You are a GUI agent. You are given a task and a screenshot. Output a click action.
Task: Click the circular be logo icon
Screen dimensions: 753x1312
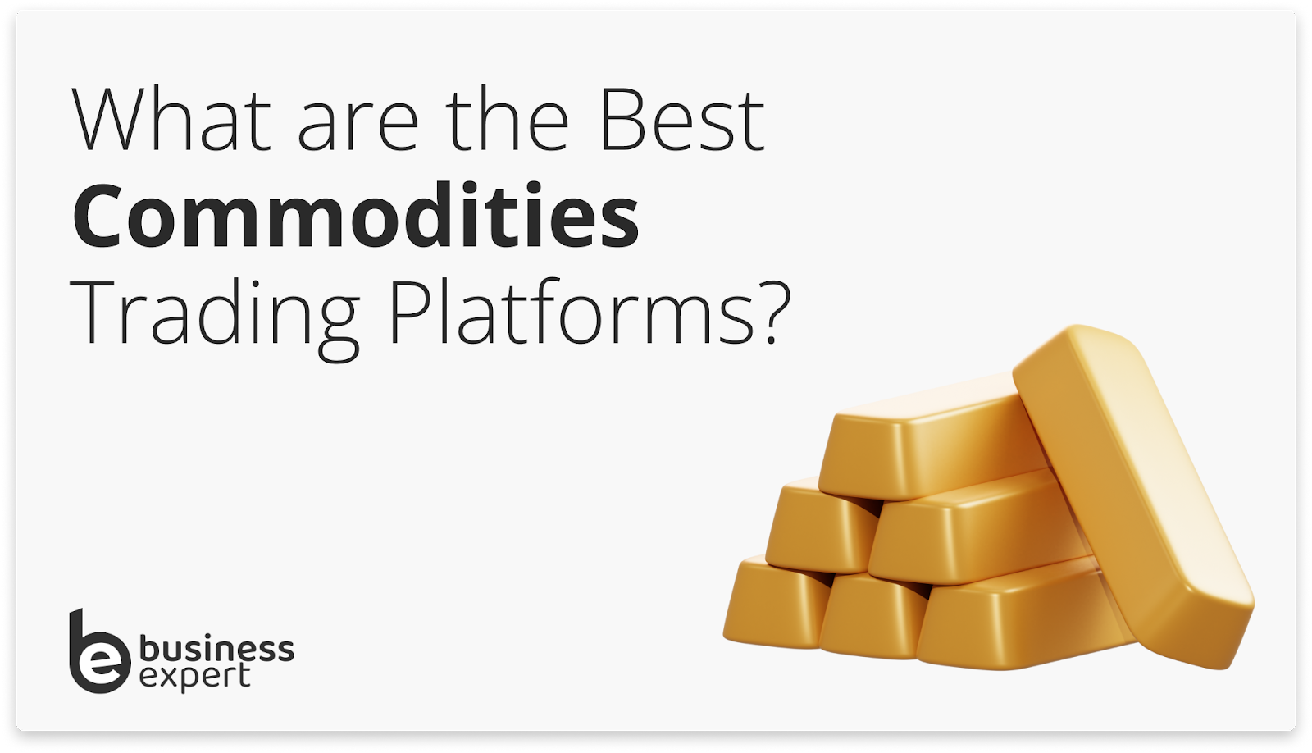pyautogui.click(x=98, y=656)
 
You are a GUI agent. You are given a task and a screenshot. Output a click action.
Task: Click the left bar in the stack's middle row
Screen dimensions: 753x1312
pyautogui.click(x=820, y=525)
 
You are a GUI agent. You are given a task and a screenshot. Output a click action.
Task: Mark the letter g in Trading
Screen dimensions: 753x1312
pyautogui.click(x=336, y=324)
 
